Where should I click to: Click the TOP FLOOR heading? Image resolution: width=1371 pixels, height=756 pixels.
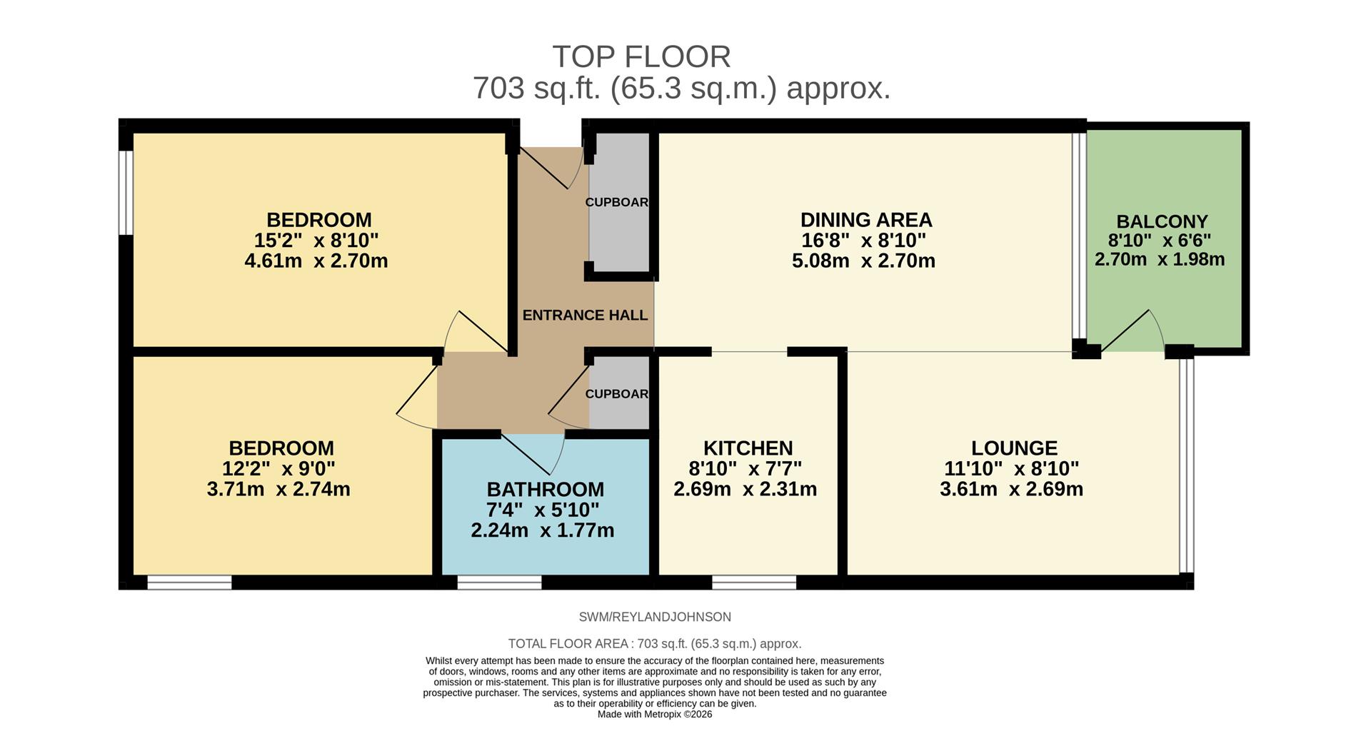coord(641,56)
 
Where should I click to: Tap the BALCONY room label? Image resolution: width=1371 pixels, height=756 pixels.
coord(1162,221)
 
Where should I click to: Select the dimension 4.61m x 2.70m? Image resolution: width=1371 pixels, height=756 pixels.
coord(316,261)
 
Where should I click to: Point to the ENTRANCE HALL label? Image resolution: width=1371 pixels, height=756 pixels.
coord(585,315)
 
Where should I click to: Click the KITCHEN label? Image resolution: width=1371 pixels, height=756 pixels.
coord(748,448)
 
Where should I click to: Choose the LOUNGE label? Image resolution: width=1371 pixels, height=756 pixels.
coord(1014,448)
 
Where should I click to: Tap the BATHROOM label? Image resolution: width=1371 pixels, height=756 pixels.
coord(545,489)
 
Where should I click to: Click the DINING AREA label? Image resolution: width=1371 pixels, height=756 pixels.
coord(865,219)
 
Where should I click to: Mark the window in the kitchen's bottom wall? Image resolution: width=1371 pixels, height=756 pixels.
coord(754,583)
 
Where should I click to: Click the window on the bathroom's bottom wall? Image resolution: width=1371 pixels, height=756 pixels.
coord(499,583)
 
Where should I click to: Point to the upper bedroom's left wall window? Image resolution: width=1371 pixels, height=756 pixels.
coord(126,192)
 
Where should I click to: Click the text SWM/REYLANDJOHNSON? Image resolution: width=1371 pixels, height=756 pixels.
coord(654,617)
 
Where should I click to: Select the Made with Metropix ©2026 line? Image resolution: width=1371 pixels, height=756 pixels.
coord(654,714)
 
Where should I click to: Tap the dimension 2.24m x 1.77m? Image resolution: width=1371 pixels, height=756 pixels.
coord(542,530)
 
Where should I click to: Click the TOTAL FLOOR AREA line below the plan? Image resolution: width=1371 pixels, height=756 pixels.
coord(654,643)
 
